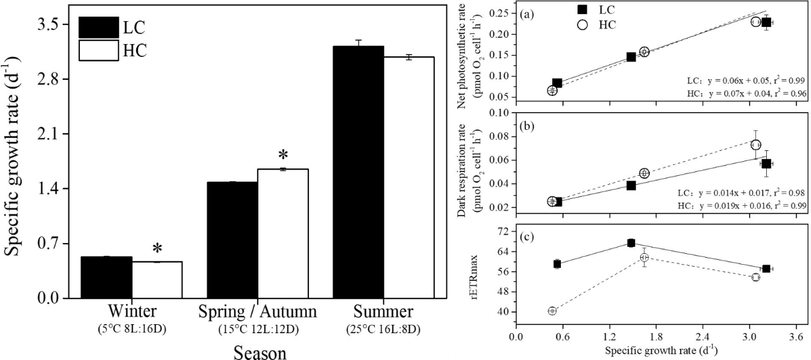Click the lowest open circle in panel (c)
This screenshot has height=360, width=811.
click(x=552, y=311)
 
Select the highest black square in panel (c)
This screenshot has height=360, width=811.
click(x=631, y=243)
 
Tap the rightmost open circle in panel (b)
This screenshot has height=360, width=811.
click(x=755, y=145)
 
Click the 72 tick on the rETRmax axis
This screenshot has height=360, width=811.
click(x=503, y=230)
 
